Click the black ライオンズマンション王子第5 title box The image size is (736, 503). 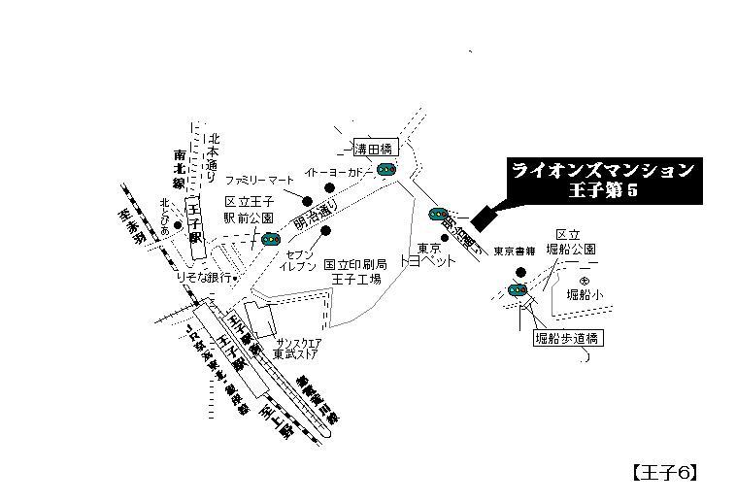tap(603, 181)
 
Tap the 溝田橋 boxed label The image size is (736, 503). tap(375, 149)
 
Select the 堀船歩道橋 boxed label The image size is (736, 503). tap(569, 339)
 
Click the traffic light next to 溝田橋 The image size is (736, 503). tap(385, 169)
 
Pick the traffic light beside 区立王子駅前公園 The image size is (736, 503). tap(271, 239)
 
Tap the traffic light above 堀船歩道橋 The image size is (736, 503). tap(517, 289)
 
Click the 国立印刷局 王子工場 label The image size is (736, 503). tap(355, 271)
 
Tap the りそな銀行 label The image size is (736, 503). tap(203, 277)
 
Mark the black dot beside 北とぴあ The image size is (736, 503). tap(178, 224)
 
